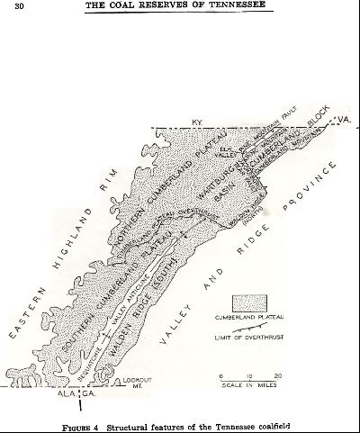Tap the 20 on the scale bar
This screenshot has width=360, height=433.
[x=279, y=374]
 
